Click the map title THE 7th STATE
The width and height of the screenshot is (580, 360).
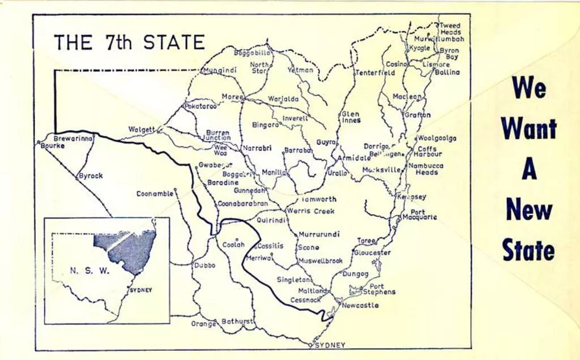tap(129, 42)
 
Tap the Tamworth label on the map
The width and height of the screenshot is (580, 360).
tap(319, 199)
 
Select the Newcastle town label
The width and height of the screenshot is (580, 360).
tap(360, 305)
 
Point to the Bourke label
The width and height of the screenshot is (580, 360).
tap(53, 145)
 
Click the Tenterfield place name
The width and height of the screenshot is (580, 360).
tap(375, 73)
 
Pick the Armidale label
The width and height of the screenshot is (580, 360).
tap(354, 158)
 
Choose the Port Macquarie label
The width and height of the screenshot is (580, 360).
tap(420, 215)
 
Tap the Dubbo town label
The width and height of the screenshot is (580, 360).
tap(204, 265)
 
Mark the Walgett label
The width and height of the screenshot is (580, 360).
tap(141, 130)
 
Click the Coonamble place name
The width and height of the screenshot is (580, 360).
tap(155, 194)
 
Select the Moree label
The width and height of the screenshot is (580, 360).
tap(232, 97)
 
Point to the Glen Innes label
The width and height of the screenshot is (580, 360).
tap(351, 117)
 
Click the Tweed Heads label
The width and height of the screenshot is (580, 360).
tap(451, 29)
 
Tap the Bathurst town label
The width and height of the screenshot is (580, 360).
tap(237, 322)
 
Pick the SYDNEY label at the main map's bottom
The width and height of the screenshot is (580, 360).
tap(330, 345)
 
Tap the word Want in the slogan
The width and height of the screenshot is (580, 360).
tap(528, 128)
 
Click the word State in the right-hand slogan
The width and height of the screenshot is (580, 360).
tap(528, 250)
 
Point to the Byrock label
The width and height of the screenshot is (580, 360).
tap(91, 176)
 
